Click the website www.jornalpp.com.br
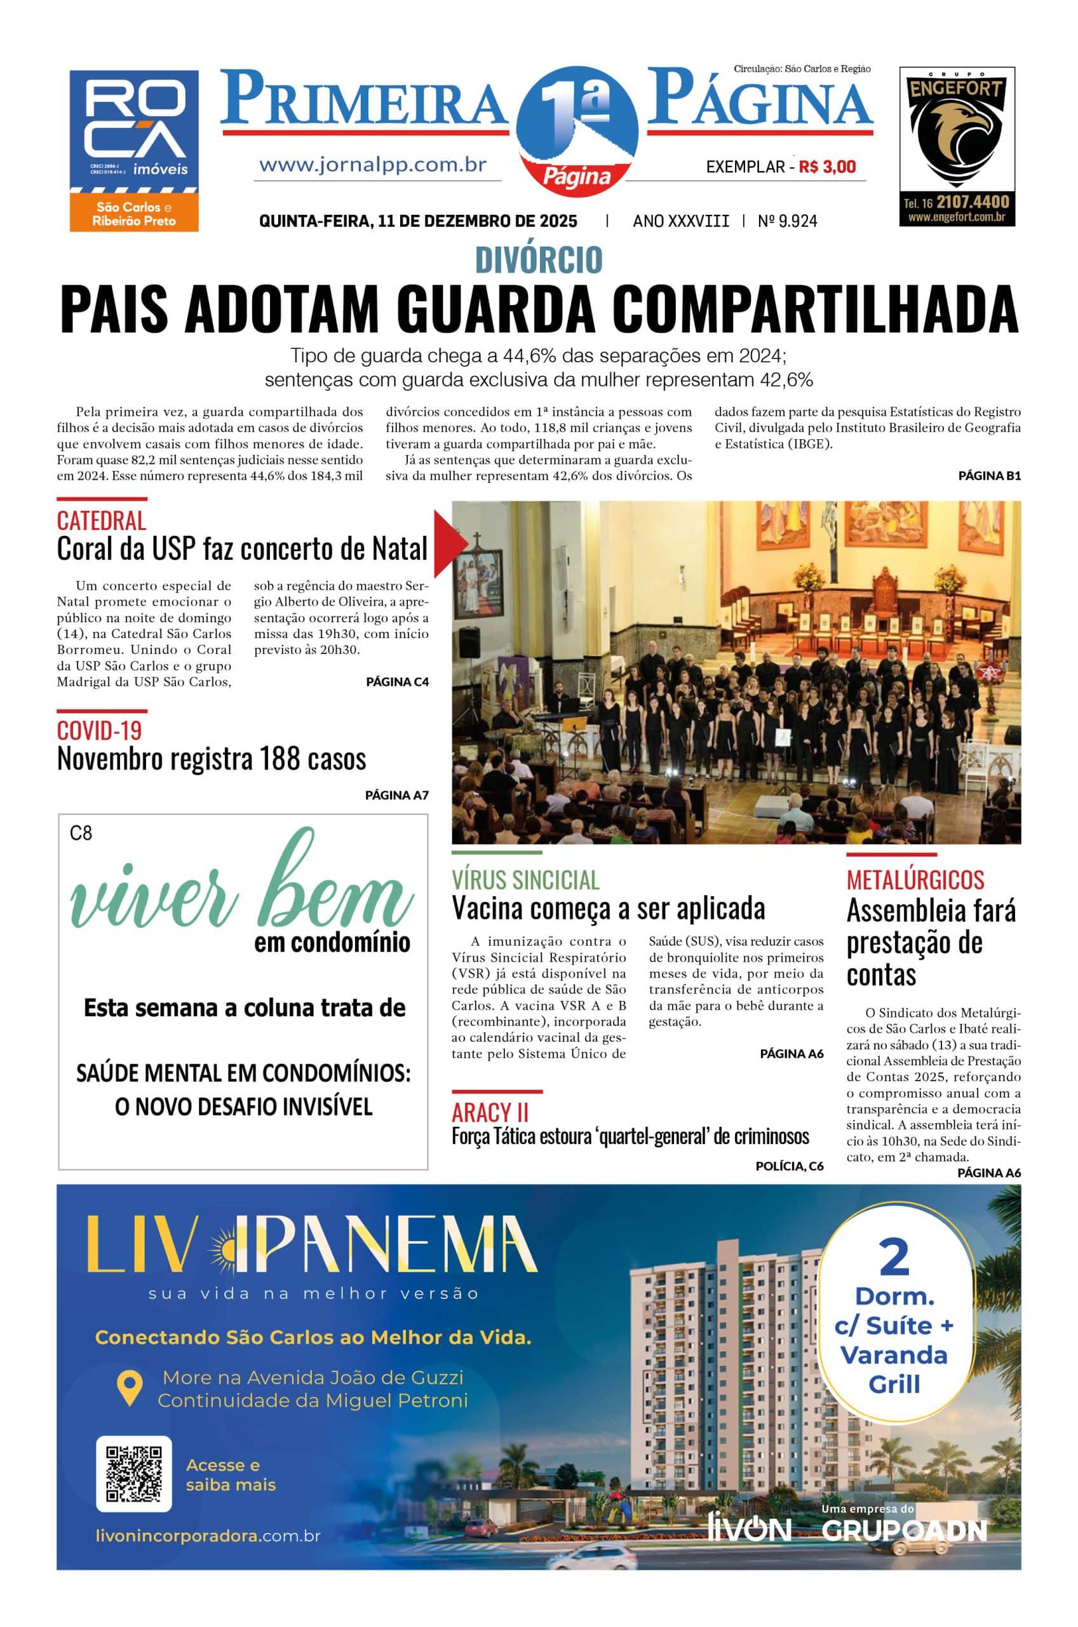point(373,165)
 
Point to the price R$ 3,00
point(827,167)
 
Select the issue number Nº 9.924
point(787,221)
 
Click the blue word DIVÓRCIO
point(538,260)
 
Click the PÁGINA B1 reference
point(989,475)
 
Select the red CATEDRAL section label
point(101,521)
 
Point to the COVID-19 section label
point(99,730)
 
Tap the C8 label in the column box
point(81,833)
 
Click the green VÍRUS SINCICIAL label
point(525,880)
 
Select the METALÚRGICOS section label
point(915,880)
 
